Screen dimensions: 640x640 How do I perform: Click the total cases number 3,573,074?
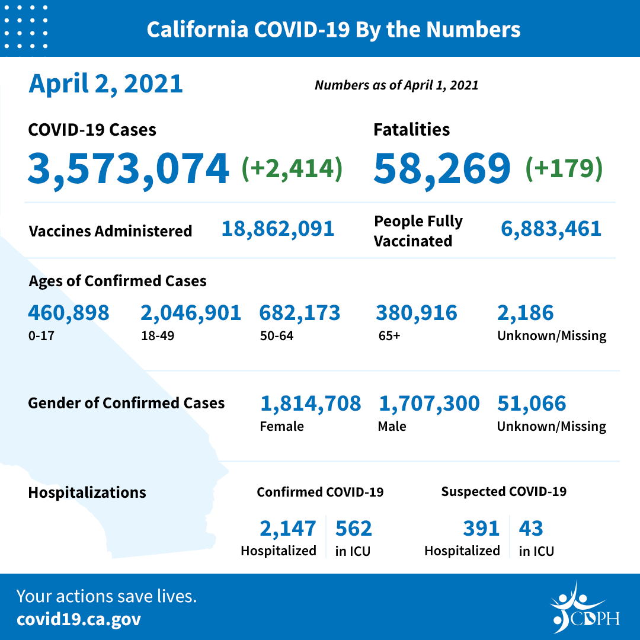tap(128, 168)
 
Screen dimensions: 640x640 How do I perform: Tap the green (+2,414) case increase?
tap(292, 168)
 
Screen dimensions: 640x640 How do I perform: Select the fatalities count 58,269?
tap(442, 168)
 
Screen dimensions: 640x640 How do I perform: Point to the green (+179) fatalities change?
tap(564, 168)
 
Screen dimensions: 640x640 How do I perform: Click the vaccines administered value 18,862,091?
tap(278, 229)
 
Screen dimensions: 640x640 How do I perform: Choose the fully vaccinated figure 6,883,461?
tap(551, 229)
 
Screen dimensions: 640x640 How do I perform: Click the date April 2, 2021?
tap(105, 84)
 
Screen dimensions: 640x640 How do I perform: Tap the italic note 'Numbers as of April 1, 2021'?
tap(396, 85)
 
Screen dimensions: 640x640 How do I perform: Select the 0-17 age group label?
tap(40, 336)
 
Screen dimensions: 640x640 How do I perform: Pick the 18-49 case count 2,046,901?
tap(191, 313)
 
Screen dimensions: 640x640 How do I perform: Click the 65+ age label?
tap(389, 336)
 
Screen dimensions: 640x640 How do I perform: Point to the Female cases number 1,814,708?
tap(311, 404)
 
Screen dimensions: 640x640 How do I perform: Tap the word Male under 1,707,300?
tap(392, 426)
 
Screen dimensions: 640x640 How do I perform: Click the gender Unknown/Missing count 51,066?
tap(532, 404)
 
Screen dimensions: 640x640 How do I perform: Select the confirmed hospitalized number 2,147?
tap(288, 528)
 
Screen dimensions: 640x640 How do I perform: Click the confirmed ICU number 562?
tap(354, 528)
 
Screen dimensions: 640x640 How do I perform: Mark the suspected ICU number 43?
tap(531, 528)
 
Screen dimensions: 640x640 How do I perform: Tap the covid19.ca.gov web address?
tap(79, 619)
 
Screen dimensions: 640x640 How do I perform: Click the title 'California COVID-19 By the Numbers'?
tap(334, 30)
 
